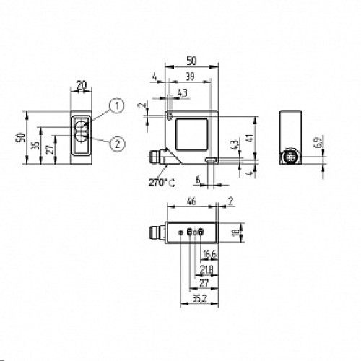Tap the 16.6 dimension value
[209, 254]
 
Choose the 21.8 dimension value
[206, 269]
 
